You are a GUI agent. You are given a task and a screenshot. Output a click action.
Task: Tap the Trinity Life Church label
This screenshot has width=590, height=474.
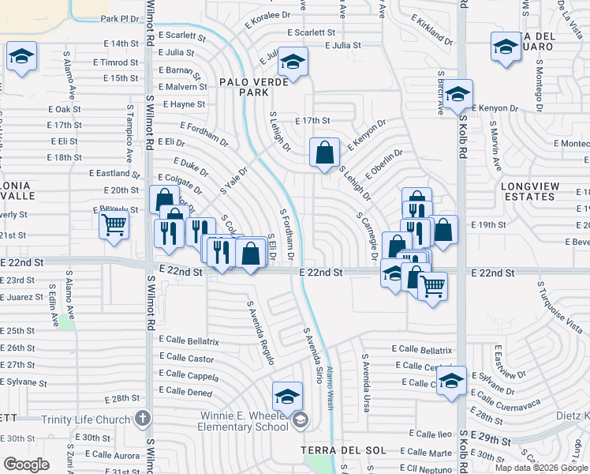coord(92,419)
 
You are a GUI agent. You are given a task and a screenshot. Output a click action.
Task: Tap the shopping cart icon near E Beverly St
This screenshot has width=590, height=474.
coord(114,224)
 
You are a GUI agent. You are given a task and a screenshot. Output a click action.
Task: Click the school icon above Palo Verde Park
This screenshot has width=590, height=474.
coord(293,62)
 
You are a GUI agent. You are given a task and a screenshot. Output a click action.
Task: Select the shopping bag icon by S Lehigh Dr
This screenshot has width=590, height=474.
coord(324,152)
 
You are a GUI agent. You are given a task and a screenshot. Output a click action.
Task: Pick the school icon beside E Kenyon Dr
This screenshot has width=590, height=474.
coord(457,95)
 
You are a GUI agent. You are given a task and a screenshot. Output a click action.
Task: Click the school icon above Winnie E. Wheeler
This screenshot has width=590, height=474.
coord(288,395)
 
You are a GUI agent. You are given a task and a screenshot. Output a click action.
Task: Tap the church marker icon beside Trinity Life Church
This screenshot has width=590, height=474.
coord(143,418)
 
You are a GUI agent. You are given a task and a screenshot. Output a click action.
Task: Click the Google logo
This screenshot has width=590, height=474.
coord(27,464)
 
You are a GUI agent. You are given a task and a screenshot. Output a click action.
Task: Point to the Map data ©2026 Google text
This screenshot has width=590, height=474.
coord(541,468)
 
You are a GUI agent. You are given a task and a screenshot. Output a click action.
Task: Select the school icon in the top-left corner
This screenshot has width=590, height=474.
coord(21,57)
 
